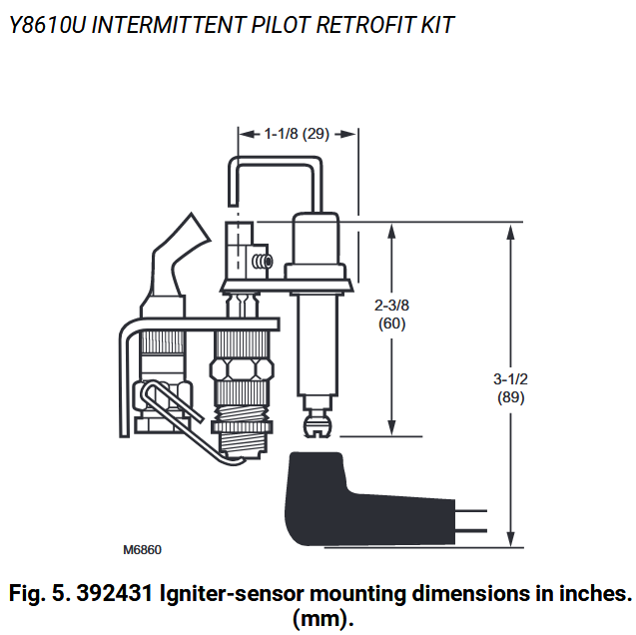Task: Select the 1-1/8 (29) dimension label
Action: pos(297,132)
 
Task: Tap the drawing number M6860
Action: pos(142,549)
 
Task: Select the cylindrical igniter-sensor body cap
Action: pos(318,245)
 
